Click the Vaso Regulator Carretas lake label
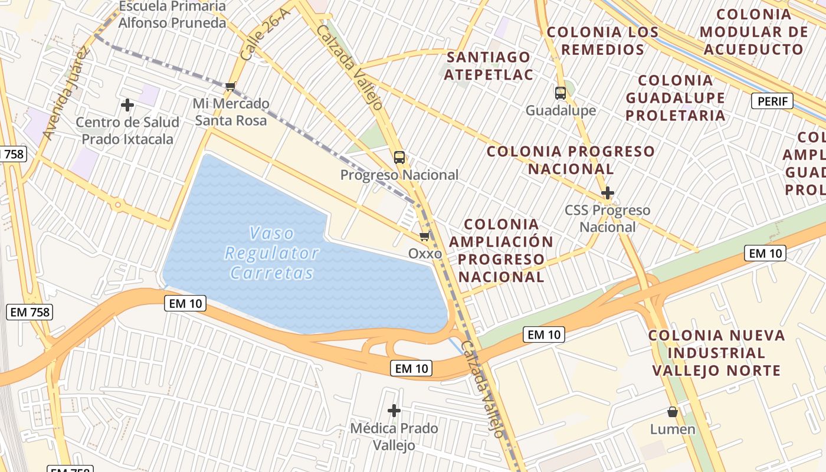click(272, 253)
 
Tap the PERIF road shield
click(772, 101)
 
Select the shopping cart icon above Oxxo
click(424, 237)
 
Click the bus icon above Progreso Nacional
click(399, 158)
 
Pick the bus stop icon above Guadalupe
click(560, 93)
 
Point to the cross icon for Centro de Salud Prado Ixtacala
click(127, 106)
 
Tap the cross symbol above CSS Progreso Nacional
click(607, 193)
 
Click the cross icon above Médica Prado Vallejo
click(394, 410)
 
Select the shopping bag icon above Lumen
click(673, 412)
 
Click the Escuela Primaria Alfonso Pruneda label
click(172, 15)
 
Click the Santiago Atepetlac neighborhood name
click(489, 65)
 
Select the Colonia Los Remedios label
click(602, 41)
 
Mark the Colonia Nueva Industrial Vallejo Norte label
click(717, 353)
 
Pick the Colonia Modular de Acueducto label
click(753, 32)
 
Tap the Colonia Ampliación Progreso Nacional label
click(501, 250)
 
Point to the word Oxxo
click(425, 254)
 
